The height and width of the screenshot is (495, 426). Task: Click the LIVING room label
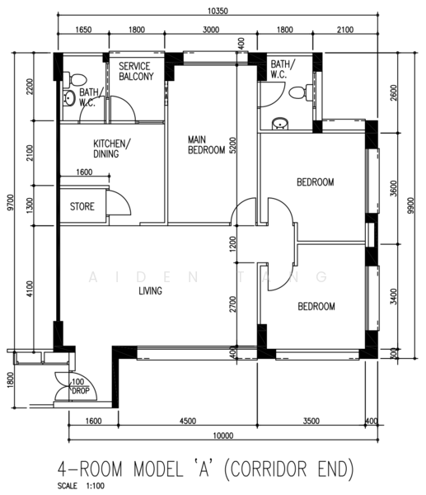pos(151,290)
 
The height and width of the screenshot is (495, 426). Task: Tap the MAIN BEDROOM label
pos(206,145)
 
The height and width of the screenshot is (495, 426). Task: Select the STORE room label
pos(82,206)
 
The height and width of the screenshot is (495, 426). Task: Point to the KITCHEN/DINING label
pos(111,148)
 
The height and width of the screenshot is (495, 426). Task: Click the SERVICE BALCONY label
pos(136,71)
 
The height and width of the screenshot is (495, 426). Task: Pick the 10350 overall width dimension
pos(218,11)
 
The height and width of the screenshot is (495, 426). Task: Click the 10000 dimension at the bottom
pos(223,436)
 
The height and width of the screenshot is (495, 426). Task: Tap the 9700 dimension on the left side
pos(11,203)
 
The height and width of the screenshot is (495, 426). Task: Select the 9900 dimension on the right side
pos(410,205)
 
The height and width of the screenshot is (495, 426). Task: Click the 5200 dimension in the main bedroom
pos(232,145)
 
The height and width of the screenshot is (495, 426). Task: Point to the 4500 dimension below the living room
pos(188,421)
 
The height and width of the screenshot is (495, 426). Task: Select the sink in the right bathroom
pos(279,124)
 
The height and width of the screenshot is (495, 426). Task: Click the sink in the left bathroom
pos(68,98)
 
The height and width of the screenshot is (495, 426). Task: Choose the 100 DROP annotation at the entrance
pos(81,386)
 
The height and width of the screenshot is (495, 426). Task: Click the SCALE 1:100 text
pos(81,486)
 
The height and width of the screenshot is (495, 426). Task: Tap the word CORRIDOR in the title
pos(269,469)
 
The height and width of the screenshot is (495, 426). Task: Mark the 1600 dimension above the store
pos(84,172)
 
